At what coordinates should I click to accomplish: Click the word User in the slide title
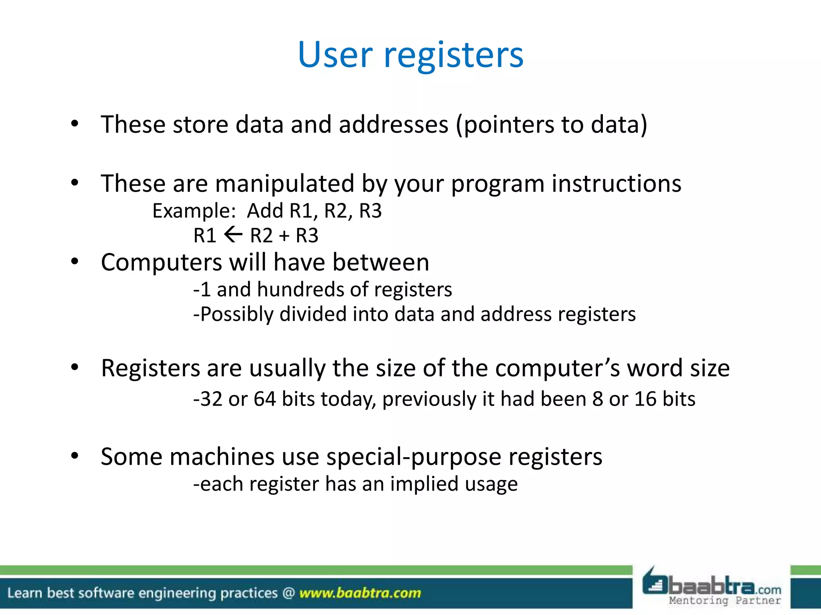(x=335, y=55)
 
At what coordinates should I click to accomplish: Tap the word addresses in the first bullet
(x=393, y=125)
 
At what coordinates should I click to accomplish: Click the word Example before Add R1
(x=194, y=211)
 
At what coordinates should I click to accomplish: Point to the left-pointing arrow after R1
(x=233, y=235)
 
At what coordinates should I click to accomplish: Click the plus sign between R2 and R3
(x=284, y=235)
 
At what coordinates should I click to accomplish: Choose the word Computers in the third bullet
(x=161, y=263)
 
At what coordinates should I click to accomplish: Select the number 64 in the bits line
(x=265, y=399)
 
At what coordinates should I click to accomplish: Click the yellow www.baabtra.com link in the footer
(x=360, y=593)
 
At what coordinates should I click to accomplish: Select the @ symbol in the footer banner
(x=288, y=593)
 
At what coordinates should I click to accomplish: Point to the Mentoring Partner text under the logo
(x=725, y=601)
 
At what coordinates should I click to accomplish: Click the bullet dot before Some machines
(x=75, y=456)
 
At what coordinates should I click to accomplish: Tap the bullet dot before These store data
(x=75, y=124)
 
